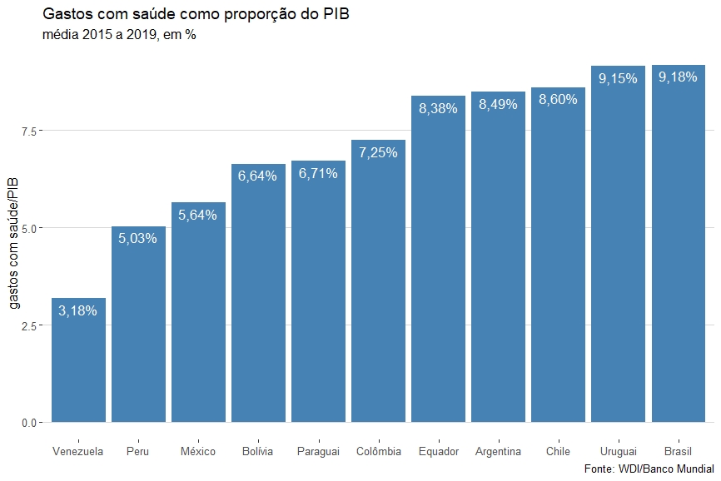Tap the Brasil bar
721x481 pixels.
click(679, 250)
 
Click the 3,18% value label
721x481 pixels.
click(78, 311)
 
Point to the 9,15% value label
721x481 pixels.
click(618, 79)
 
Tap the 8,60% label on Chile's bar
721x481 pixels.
click(558, 101)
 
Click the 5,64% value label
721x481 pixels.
click(198, 216)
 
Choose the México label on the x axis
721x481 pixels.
click(198, 452)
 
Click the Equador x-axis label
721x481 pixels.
click(438, 452)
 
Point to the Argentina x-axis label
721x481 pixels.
click(498, 452)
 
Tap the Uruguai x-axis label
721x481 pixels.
click(618, 452)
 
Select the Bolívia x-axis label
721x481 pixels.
click(258, 452)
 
